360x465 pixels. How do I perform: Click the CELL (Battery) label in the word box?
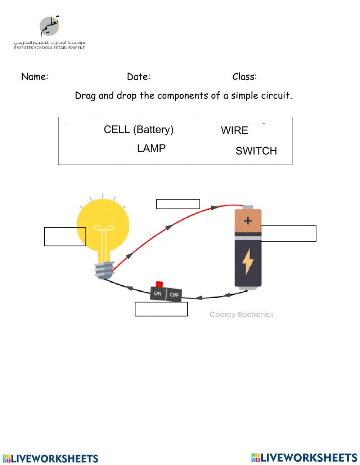tap(139, 130)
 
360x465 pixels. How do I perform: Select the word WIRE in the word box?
tap(234, 130)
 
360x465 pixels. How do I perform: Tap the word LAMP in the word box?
tap(151, 148)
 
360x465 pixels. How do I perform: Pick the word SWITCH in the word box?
tap(256, 151)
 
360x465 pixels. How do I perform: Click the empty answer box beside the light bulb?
tap(65, 237)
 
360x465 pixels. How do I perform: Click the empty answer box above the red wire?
tap(178, 204)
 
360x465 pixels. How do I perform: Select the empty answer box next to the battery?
tap(288, 233)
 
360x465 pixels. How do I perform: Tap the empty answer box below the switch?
tap(161, 309)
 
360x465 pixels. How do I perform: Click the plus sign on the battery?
tap(248, 220)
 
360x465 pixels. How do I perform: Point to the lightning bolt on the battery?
tap(248, 261)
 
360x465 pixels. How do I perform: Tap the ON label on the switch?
tap(158, 294)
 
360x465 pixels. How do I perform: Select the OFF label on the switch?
tap(174, 295)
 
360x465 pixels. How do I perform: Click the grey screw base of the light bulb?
tap(104, 269)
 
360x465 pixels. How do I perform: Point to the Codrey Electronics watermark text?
tap(242, 315)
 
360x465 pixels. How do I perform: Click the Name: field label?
tap(35, 77)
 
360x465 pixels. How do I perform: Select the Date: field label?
tap(139, 77)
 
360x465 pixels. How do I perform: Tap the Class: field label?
tap(244, 77)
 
